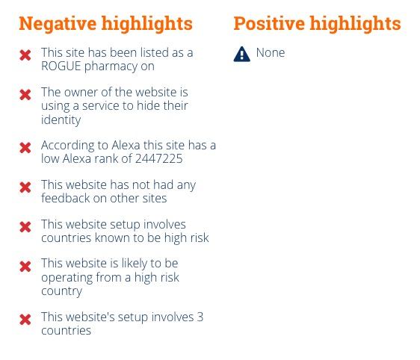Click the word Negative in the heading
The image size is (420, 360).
(x=58, y=24)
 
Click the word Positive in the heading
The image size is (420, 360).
(x=269, y=24)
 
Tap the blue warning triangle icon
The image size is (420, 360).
(x=241, y=54)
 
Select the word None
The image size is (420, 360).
(x=271, y=52)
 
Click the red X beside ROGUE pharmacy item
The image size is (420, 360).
(x=25, y=55)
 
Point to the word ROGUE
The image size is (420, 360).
(x=61, y=66)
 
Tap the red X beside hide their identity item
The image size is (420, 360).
(x=25, y=95)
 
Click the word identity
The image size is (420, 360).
(x=61, y=120)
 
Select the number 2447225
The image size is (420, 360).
(x=159, y=158)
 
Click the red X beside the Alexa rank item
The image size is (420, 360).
(x=25, y=148)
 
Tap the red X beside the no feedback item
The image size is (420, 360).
(x=25, y=187)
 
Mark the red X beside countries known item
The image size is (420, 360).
(x=25, y=227)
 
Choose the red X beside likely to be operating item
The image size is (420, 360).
(x=25, y=267)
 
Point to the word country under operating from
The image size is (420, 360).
(x=61, y=291)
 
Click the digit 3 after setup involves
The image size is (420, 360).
(x=200, y=317)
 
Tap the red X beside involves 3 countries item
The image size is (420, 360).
(x=25, y=320)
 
